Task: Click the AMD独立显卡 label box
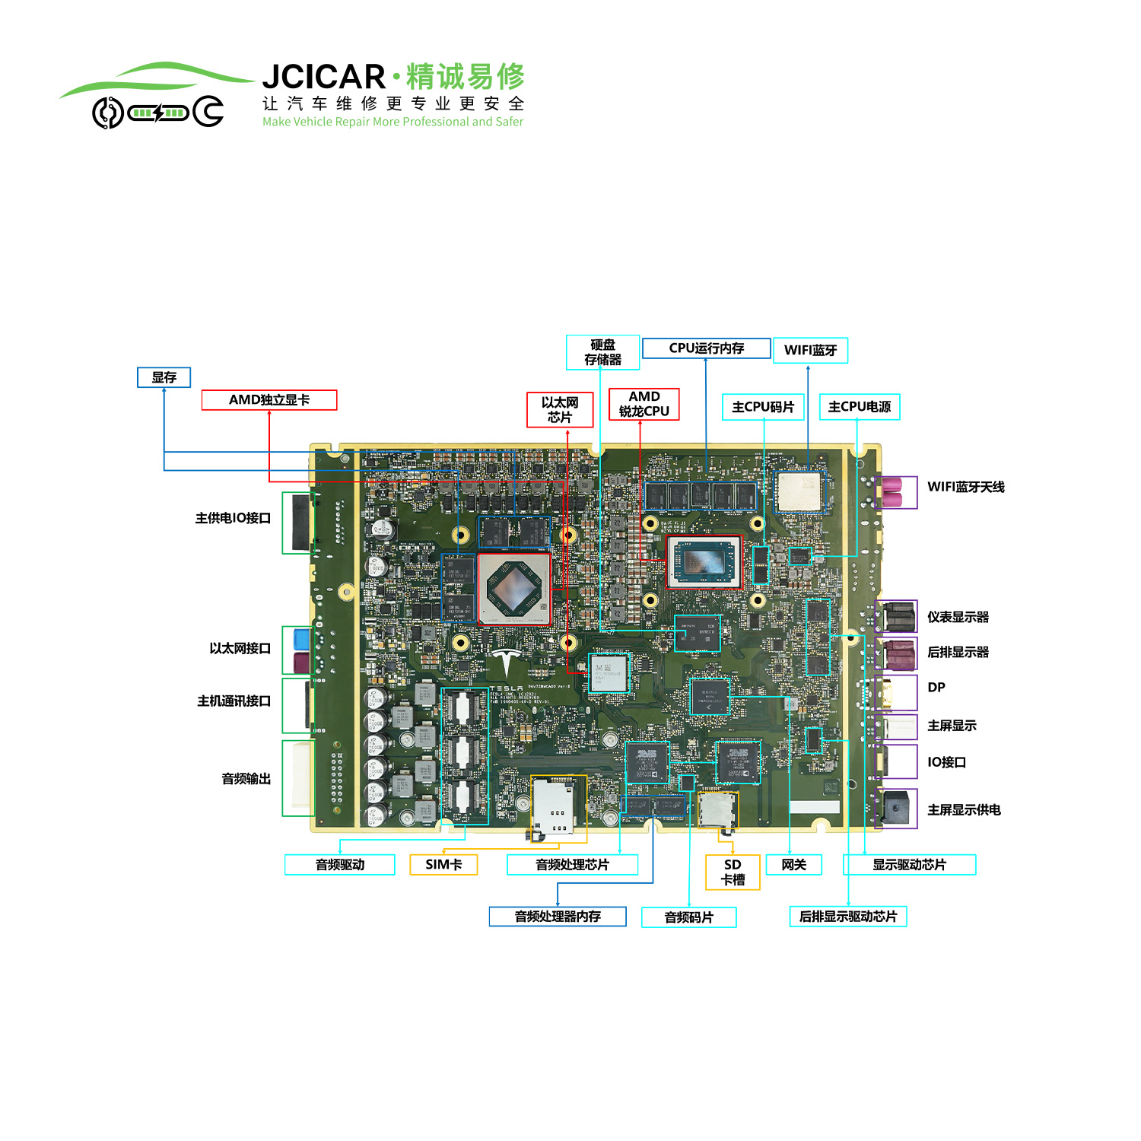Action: [269, 400]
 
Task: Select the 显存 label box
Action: [164, 377]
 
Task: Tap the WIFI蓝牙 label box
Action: [810, 350]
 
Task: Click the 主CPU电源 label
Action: [860, 407]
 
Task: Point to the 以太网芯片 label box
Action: [560, 410]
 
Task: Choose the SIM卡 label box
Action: [443, 865]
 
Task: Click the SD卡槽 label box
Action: [733, 872]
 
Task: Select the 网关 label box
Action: [794, 865]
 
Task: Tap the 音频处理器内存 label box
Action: [558, 917]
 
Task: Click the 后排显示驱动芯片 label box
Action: [848, 917]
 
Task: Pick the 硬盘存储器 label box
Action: [603, 352]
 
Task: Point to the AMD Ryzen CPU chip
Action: [704, 561]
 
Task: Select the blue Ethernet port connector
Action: [302, 638]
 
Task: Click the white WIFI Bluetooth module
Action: [799, 491]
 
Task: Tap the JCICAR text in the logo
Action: [324, 77]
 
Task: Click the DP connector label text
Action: [936, 688]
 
